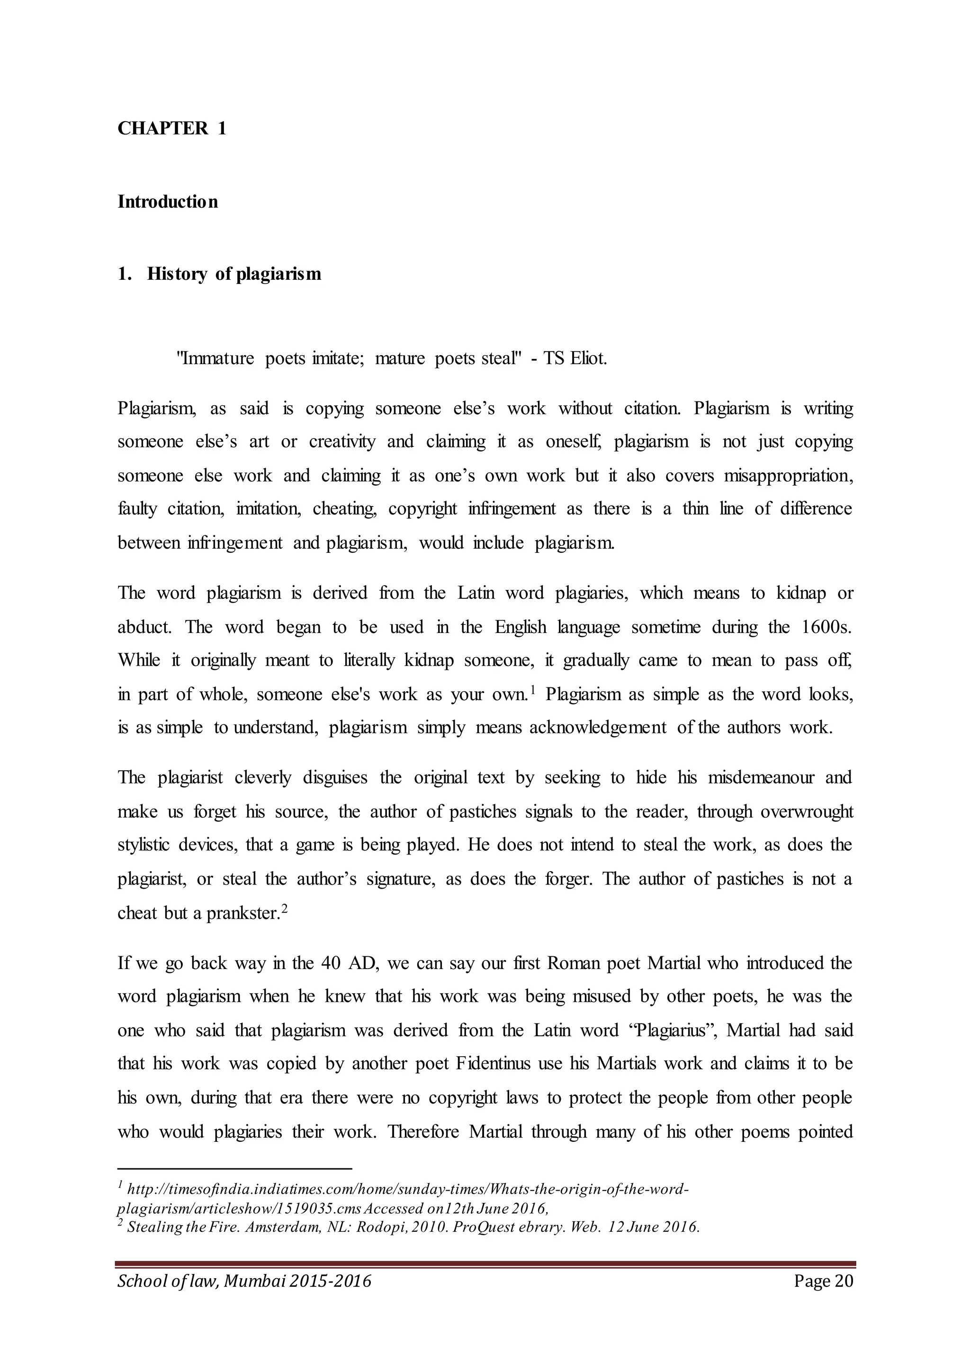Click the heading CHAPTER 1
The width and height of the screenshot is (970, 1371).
pyautogui.click(x=172, y=128)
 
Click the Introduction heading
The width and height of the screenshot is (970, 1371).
pyautogui.click(x=168, y=202)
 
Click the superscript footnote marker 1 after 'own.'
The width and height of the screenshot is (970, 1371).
pyautogui.click(x=532, y=690)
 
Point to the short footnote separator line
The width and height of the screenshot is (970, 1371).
pyautogui.click(x=235, y=1168)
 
